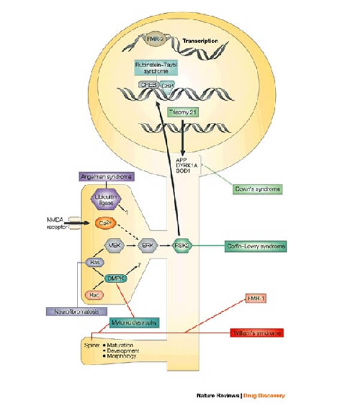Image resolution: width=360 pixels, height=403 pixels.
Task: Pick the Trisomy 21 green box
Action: coord(181,112)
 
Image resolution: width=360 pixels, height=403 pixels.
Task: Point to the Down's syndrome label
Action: coord(256,189)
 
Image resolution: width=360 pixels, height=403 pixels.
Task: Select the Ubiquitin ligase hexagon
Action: coord(105,201)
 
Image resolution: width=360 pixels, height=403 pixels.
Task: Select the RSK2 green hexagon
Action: coord(183,245)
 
